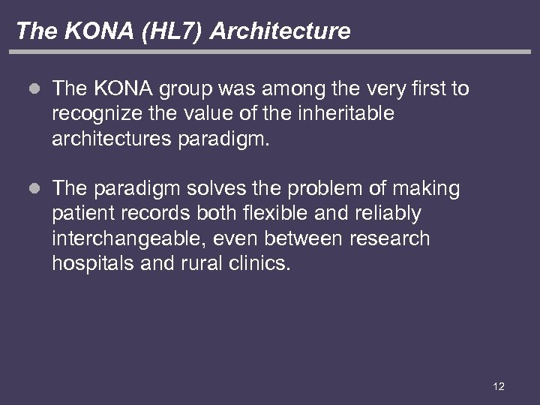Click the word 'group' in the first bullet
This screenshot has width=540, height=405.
[x=187, y=90]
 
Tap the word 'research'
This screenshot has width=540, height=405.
[x=386, y=238]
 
